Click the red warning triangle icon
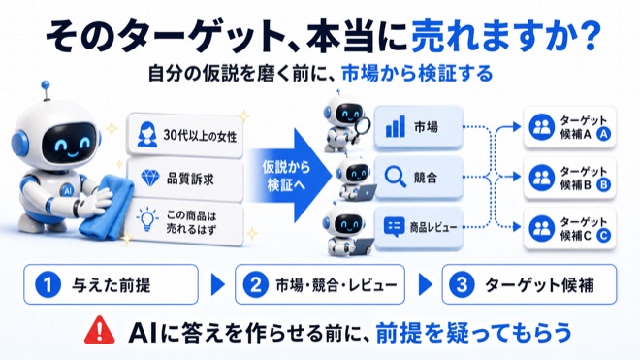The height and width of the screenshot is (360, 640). point(99,330)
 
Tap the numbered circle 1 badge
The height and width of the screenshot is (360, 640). point(48,285)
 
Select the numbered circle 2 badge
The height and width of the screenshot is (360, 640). point(255,285)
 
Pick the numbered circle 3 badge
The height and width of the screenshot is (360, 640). point(462,285)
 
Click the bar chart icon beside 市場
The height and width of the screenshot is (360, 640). point(396,126)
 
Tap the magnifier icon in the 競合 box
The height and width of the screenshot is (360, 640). point(396,177)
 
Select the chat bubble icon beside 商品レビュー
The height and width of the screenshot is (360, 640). point(394,227)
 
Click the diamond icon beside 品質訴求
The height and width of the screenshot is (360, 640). point(149,178)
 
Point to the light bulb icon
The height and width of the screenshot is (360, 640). point(147,219)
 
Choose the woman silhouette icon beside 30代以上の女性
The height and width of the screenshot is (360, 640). point(147,135)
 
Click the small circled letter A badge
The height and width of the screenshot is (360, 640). point(604,134)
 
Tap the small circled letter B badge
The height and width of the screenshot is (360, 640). point(604,184)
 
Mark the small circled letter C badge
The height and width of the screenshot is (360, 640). point(604,236)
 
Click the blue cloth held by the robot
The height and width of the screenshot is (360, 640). point(107,208)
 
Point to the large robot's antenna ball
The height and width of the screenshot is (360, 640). point(46,85)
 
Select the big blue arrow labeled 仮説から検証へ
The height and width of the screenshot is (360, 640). point(290,176)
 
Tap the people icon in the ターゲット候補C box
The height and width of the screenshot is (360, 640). point(542,228)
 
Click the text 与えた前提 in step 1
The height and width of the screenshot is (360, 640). point(112,285)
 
